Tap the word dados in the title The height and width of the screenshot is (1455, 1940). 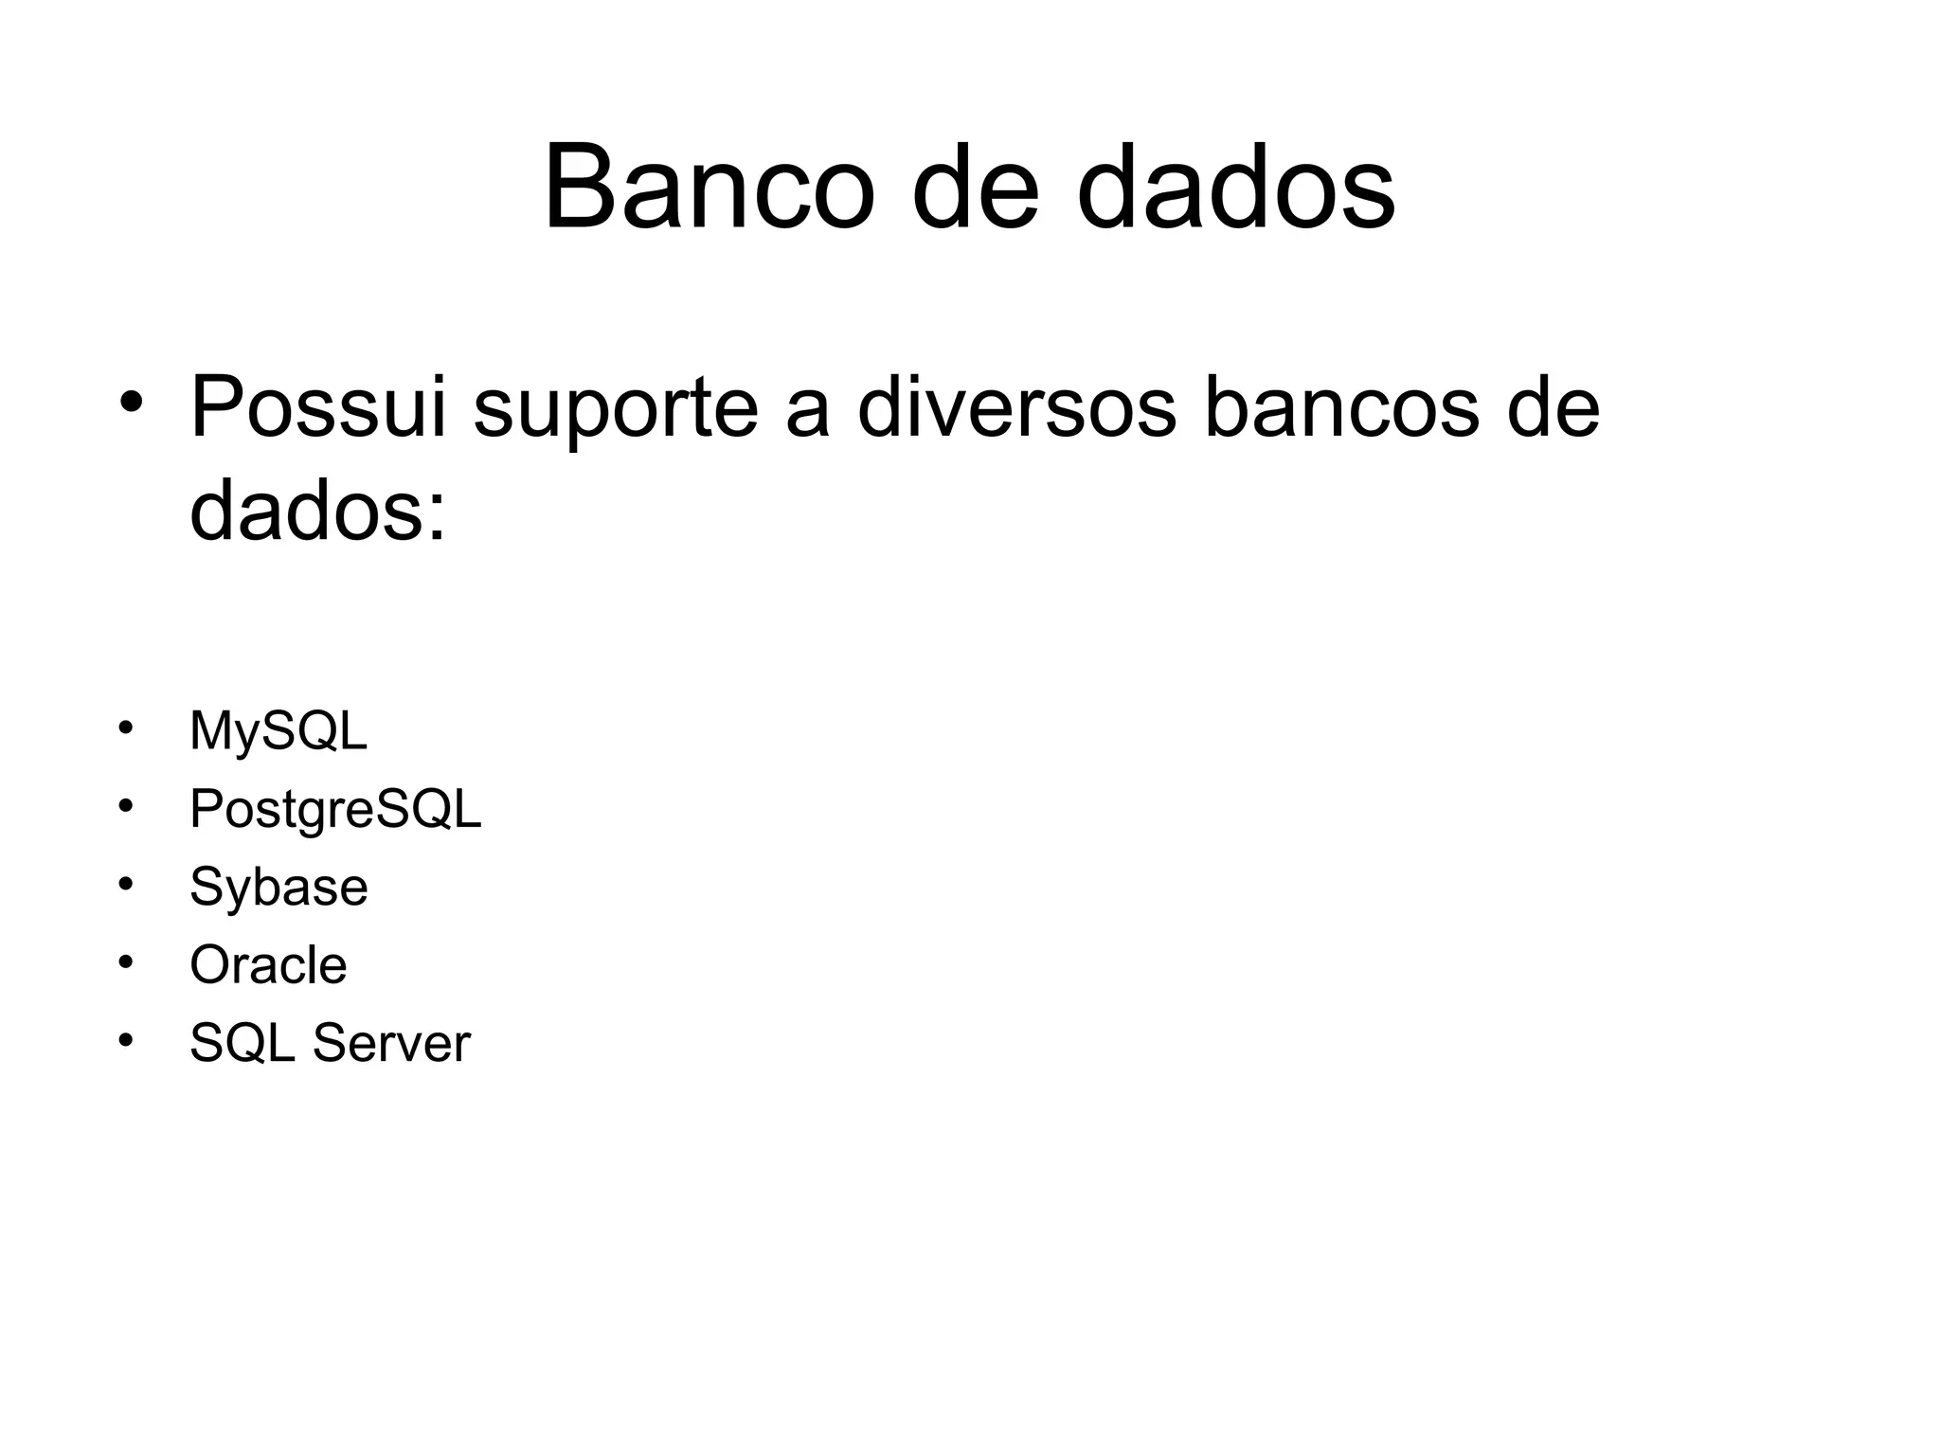1235,187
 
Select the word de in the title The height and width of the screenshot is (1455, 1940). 975,187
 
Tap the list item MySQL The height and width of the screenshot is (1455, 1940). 278,732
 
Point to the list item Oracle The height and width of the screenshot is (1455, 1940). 268,965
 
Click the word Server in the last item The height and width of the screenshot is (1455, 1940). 391,1044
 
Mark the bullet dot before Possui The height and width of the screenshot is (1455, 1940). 131,402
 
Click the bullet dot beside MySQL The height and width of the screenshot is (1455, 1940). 125,727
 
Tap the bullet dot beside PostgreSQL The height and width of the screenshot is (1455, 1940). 125,805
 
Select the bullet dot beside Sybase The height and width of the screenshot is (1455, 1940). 125,883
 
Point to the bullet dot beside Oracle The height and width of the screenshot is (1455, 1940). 125,961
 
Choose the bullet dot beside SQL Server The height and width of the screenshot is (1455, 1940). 125,1039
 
